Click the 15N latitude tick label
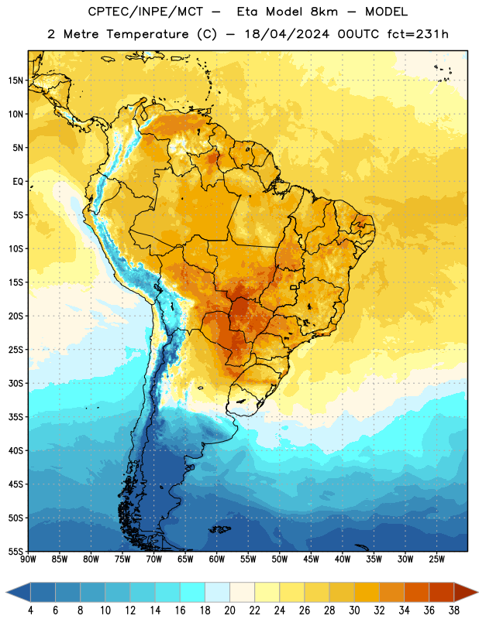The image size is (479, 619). click(16, 80)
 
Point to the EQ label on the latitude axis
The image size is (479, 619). click(18, 182)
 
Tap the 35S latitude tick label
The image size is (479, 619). click(16, 417)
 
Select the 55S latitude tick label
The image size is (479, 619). click(16, 551)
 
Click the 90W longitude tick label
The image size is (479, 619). click(28, 559)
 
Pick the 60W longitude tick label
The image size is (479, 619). click(217, 559)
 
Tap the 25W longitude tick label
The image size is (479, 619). click(436, 559)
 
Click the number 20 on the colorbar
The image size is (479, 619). click(229, 610)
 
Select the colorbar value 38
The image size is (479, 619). click(453, 610)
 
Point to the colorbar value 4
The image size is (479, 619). click(30, 610)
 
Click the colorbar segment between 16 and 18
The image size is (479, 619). click(192, 592)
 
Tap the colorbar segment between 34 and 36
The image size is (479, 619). click(416, 592)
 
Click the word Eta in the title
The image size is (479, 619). click(247, 12)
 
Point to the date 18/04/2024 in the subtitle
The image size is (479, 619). click(287, 34)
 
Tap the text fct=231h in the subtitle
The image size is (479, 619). click(418, 34)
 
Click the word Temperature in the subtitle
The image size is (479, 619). click(147, 35)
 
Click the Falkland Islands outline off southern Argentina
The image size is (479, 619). click(219, 529)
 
